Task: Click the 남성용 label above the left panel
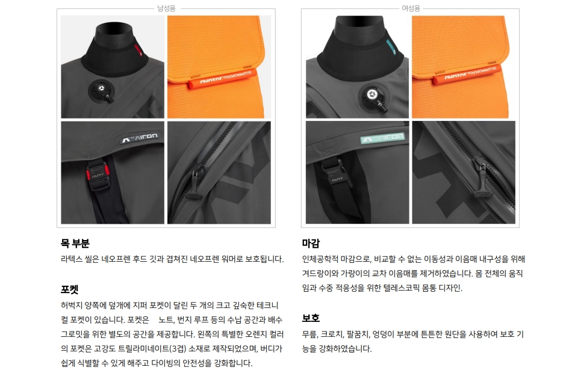166,8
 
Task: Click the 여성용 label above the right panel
411,8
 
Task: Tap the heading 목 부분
75,243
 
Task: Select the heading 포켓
69,289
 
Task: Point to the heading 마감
311,243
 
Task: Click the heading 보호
311,318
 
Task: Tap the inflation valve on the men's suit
102,90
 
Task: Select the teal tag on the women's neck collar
390,47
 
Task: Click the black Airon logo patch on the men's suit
140,138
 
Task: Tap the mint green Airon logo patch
383,138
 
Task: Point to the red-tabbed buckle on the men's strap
98,176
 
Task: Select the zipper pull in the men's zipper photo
195,183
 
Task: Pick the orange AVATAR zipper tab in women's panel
467,76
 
